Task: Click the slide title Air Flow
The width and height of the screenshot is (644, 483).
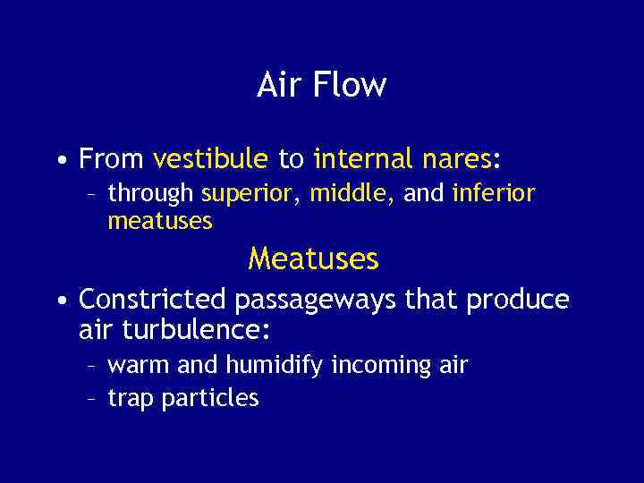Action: [321, 86]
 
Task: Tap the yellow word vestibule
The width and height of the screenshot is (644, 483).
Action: [210, 160]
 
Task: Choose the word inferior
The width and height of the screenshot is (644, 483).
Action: [494, 193]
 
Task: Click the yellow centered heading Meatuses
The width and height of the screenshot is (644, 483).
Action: [314, 259]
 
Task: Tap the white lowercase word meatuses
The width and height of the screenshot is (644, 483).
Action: [160, 220]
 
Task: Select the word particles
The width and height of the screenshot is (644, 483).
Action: [210, 399]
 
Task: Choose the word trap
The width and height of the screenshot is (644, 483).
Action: [131, 399]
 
